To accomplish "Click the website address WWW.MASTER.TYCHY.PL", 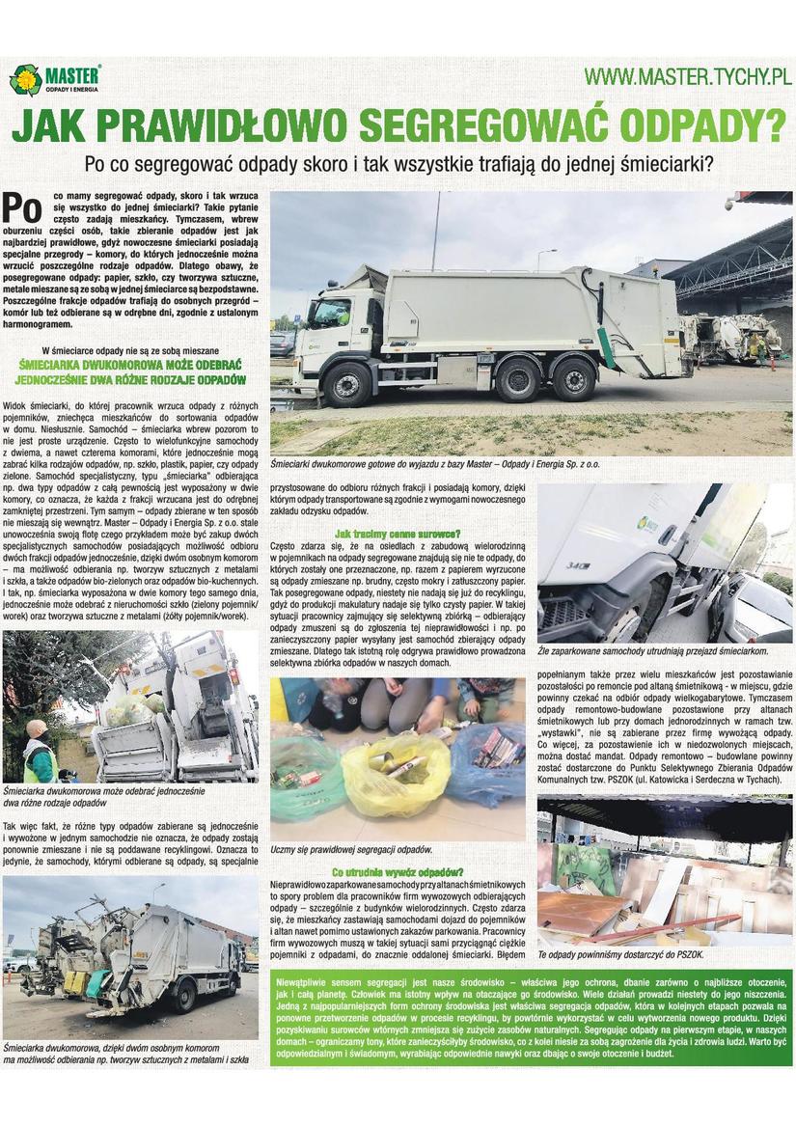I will (x=688, y=76).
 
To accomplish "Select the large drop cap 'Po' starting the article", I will (x=24, y=206).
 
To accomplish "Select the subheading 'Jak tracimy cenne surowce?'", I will (x=398, y=534).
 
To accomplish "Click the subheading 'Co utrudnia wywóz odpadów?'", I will (x=398, y=871).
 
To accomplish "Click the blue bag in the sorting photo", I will (x=487, y=762).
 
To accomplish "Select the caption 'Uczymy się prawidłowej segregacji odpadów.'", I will (x=351, y=850).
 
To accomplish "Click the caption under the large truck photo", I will (x=435, y=464).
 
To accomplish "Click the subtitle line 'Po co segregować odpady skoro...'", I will (x=398, y=164).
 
